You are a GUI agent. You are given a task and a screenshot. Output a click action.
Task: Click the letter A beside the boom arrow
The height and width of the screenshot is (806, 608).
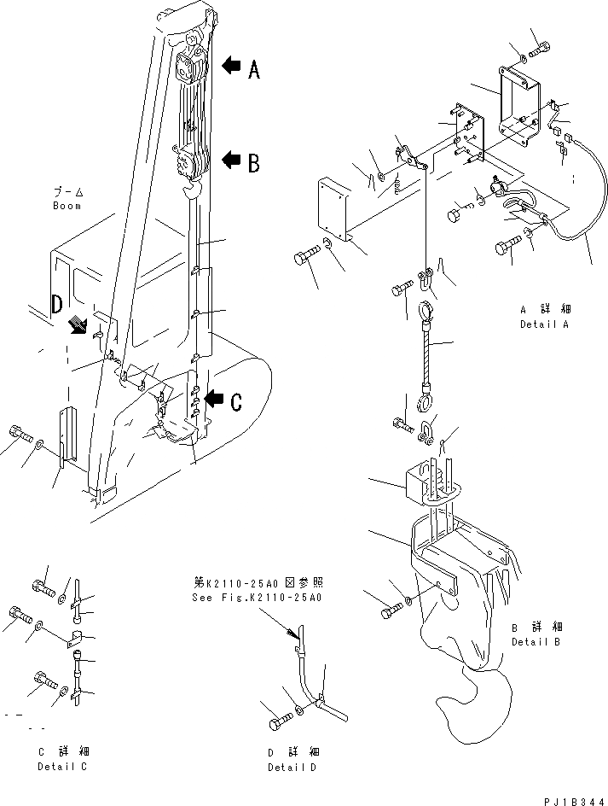(x=253, y=72)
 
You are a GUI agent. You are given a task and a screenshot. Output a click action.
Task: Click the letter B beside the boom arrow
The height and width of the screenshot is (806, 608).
(x=253, y=162)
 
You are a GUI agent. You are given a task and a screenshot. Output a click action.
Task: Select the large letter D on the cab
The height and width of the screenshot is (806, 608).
(x=57, y=303)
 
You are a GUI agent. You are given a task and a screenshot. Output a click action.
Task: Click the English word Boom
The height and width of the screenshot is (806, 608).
(x=67, y=206)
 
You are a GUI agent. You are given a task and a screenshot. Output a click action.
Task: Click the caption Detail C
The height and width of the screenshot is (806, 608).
(x=63, y=766)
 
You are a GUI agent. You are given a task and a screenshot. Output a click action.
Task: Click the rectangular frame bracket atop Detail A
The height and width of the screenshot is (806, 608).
(x=520, y=102)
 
